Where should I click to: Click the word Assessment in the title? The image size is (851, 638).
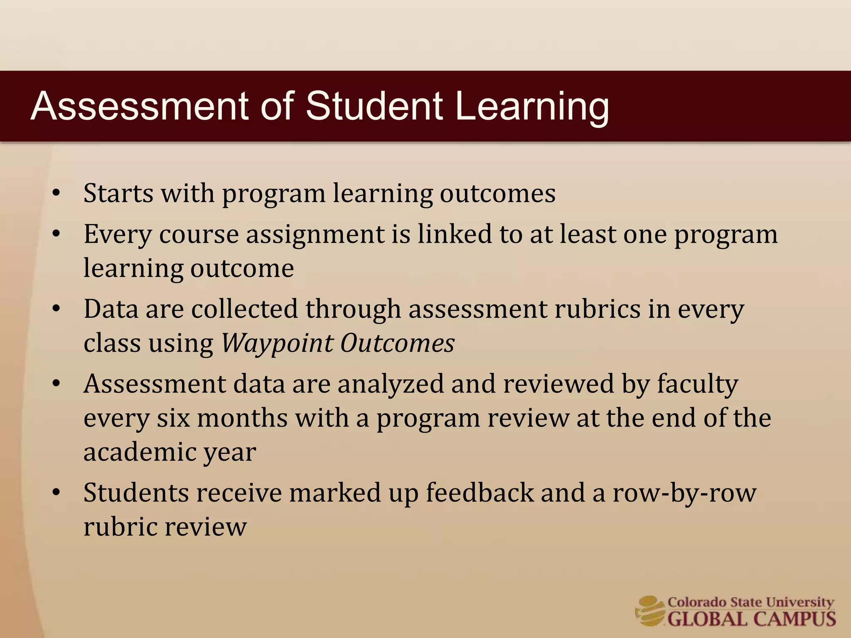pos(139,106)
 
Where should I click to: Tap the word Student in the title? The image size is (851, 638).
pos(374,106)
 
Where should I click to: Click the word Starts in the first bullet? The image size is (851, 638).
pos(118,193)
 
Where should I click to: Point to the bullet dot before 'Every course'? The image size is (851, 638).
pos(57,234)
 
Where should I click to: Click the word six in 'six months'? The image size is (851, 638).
pos(173,418)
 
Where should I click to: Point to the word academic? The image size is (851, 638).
pos(140,452)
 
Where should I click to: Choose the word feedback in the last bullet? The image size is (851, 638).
pos(480,493)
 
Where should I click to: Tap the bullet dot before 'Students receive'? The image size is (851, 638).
pos(57,493)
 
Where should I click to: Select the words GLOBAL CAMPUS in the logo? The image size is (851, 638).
pos(751,619)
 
